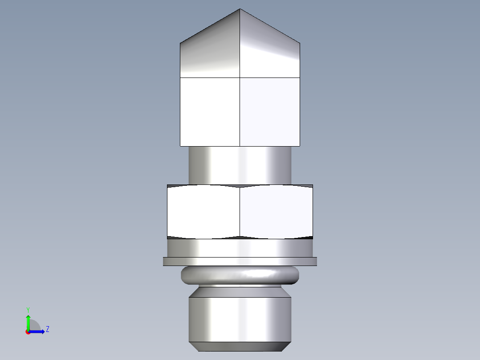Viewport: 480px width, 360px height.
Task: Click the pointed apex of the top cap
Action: (x=240, y=10)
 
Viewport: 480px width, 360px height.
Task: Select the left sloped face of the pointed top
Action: (x=210, y=51)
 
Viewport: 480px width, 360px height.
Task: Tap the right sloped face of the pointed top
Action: (x=270, y=51)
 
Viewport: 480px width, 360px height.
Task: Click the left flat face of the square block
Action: (x=210, y=112)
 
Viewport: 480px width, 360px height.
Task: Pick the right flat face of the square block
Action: (x=270, y=112)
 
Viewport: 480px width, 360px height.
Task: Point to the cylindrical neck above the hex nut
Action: (x=240, y=165)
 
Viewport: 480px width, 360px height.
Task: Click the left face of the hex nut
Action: (x=203, y=212)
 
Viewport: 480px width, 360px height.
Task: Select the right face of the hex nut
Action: (x=276, y=212)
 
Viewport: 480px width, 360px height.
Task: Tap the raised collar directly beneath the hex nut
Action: (x=240, y=248)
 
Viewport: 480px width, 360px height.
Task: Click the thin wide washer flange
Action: (x=240, y=262)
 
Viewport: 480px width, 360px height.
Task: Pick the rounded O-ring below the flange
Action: (x=240, y=275)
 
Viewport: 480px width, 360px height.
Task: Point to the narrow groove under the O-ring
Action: (x=240, y=286)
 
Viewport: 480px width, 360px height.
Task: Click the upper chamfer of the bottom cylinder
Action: (x=240, y=292)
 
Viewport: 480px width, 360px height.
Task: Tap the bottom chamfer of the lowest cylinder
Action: (x=240, y=346)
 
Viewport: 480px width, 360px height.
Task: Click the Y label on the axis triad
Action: (x=28, y=309)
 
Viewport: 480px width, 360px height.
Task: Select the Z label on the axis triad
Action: (x=47, y=329)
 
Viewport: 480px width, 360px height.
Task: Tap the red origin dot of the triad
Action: (x=28, y=332)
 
